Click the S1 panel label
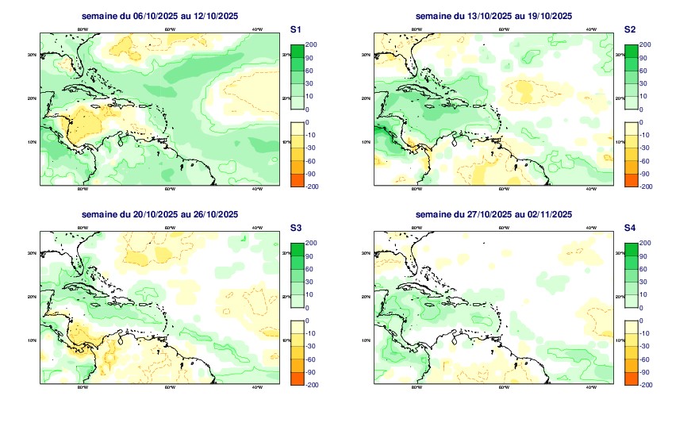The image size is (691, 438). [x=295, y=29]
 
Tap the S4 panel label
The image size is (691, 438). [x=629, y=228]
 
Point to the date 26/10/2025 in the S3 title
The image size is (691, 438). [x=214, y=214]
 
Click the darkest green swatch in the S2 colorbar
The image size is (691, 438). [x=631, y=52]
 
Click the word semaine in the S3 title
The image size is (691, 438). [x=100, y=214]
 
